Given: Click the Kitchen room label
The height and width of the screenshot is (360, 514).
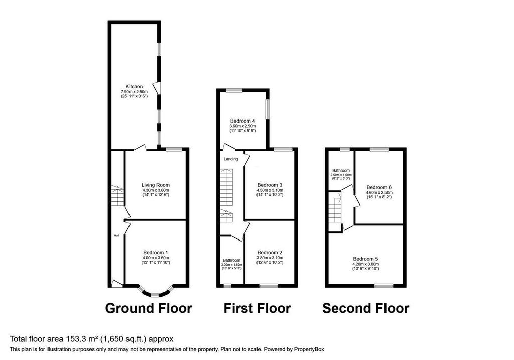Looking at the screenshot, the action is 134,86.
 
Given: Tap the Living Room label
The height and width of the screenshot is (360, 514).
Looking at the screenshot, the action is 156,185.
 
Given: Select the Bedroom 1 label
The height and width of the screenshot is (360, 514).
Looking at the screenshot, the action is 156,253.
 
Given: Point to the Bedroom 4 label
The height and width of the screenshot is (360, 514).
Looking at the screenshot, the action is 242,121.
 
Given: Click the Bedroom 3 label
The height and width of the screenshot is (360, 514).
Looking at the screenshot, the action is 270,185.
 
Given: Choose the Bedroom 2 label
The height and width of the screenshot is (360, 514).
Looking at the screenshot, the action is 270,253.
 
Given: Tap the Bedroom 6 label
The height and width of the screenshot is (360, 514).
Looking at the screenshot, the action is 379,188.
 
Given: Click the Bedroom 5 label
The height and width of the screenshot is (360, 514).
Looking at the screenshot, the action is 365,259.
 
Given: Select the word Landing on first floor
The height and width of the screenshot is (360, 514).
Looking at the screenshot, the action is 231,159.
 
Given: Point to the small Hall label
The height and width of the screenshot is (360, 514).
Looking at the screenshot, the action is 116,236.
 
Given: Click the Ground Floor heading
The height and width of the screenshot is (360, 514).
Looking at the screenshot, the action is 149,308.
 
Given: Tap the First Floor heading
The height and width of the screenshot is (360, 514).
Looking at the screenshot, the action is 257,308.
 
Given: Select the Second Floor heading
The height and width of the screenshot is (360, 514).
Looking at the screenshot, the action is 365,308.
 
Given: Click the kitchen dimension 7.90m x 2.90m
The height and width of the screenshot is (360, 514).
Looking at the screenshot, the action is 134,92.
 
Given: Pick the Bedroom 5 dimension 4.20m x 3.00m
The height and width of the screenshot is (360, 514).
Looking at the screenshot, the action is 365,264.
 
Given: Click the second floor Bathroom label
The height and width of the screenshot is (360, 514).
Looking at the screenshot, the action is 341,171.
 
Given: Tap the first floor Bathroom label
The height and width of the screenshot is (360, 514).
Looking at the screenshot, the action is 232,260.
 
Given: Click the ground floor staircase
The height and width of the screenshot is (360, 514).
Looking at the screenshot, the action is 117,196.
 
